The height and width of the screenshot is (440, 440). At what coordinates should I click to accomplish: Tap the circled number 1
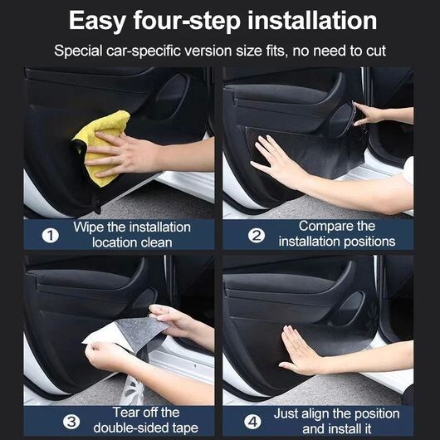51,236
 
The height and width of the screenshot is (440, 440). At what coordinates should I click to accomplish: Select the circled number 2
257,235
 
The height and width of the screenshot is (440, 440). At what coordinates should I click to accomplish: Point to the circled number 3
71,422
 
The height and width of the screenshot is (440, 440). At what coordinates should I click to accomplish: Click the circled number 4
252,422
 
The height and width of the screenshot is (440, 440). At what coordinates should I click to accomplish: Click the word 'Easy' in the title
97,22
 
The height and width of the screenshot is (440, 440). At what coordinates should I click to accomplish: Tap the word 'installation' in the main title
312,20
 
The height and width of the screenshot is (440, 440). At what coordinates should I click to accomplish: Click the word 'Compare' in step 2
321,226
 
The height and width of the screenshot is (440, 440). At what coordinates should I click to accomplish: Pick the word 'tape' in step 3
185,428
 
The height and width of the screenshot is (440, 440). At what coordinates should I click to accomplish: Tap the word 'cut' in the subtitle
376,51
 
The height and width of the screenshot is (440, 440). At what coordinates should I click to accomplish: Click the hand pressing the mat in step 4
301,352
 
